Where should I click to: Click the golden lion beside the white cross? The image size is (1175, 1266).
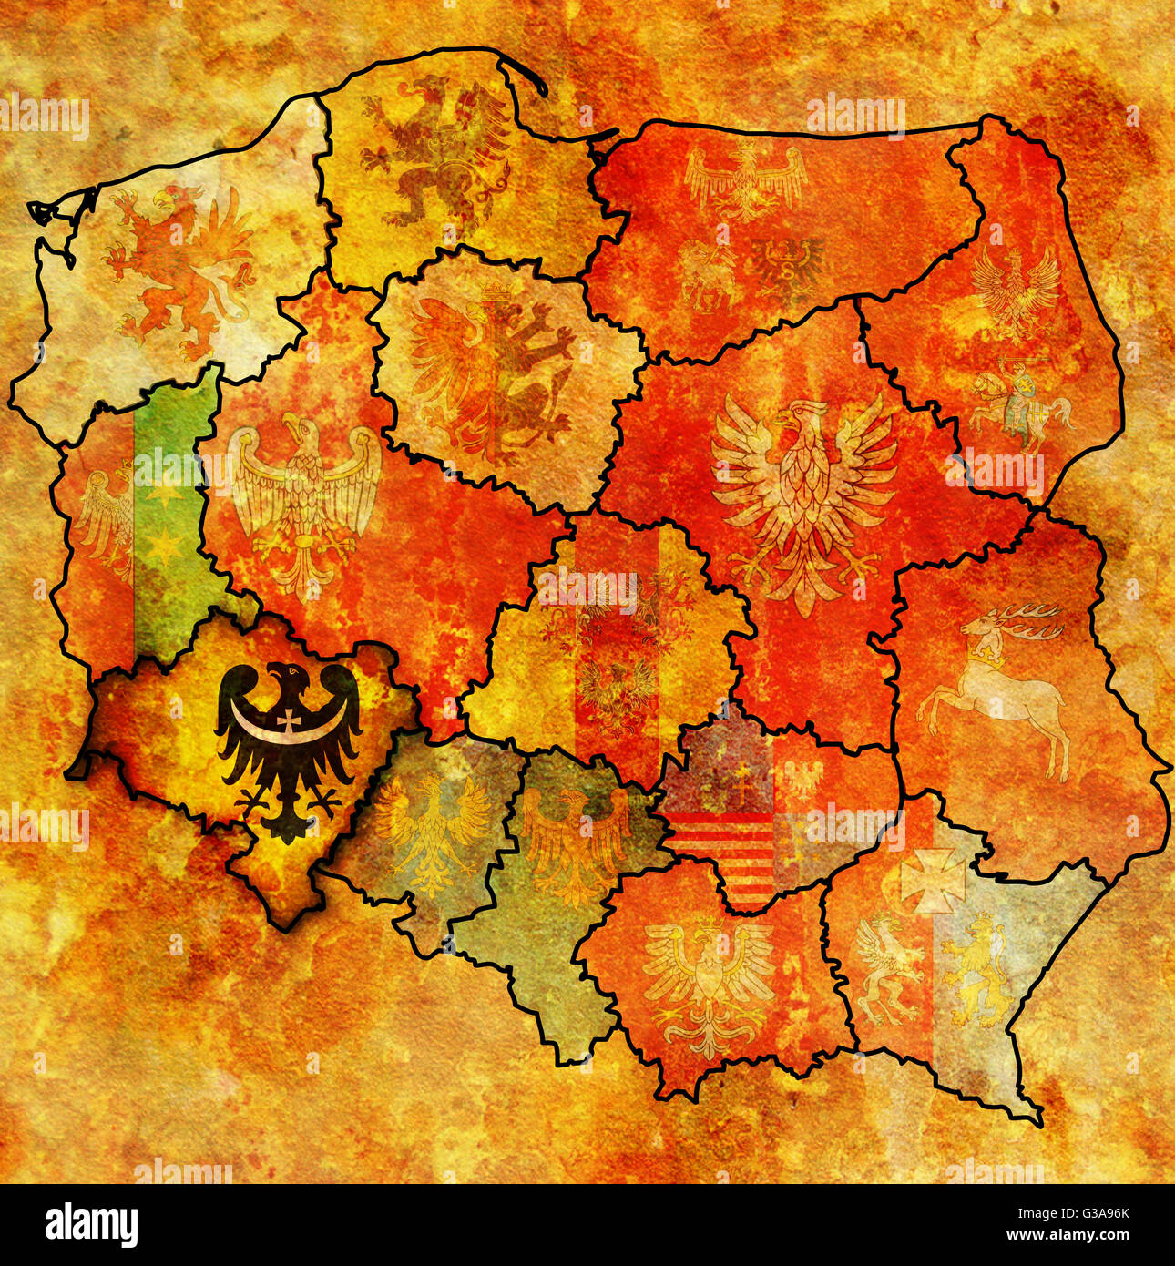[x=976, y=969]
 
